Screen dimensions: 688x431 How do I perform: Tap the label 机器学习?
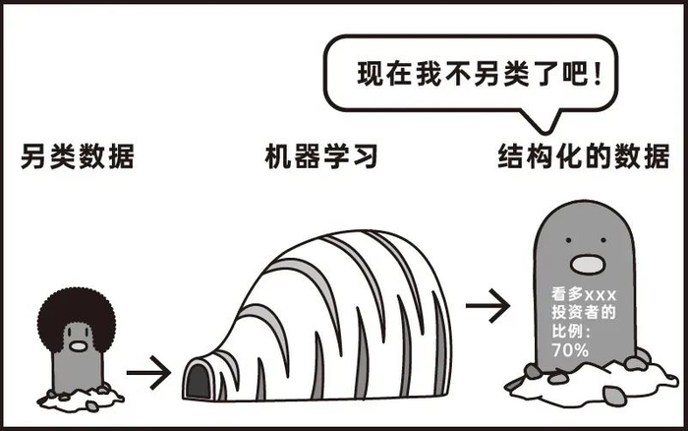pyautogui.click(x=321, y=156)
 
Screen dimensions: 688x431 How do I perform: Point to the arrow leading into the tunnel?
pyautogui.click(x=147, y=373)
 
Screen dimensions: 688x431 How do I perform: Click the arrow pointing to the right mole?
pyautogui.click(x=487, y=306)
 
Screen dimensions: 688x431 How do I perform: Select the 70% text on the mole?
pyautogui.click(x=570, y=349)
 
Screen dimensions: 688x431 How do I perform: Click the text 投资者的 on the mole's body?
pyautogui.click(x=583, y=313)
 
